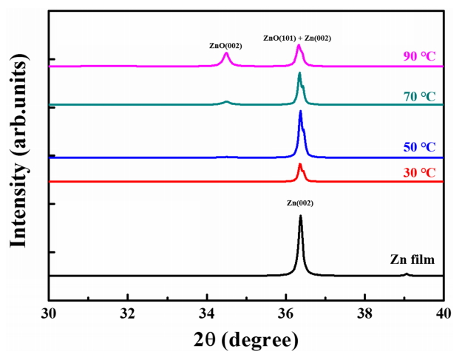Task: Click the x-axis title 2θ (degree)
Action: pyautogui.click(x=245, y=339)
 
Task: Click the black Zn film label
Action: pyautogui.click(x=413, y=259)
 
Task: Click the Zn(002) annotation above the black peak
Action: pyautogui.click(x=299, y=203)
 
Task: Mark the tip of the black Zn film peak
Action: pyautogui.click(x=300, y=216)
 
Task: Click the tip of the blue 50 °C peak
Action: pyautogui.click(x=300, y=111)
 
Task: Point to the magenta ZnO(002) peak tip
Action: pyautogui.click(x=226, y=53)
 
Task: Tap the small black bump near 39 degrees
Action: pyautogui.click(x=406, y=274)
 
